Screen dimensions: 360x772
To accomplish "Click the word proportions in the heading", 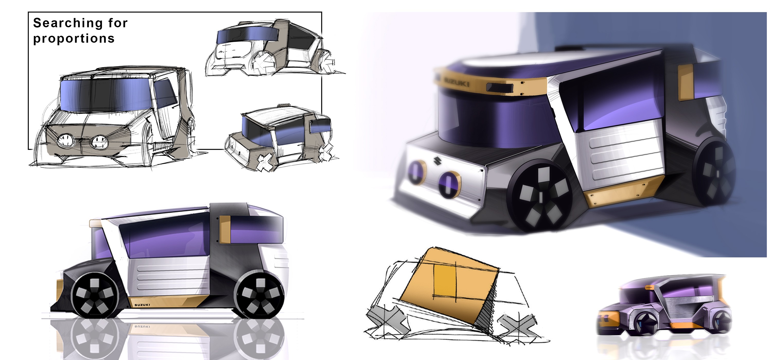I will tap(74, 38).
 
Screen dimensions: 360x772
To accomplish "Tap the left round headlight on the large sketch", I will tap(66, 140).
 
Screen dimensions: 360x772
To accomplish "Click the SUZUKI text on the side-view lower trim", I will tap(142, 305).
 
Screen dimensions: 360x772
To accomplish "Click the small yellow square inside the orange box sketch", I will tap(444, 281).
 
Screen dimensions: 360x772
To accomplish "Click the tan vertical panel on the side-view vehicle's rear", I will tap(224, 229).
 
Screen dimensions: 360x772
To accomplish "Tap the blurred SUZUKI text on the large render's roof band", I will tap(457, 82).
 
